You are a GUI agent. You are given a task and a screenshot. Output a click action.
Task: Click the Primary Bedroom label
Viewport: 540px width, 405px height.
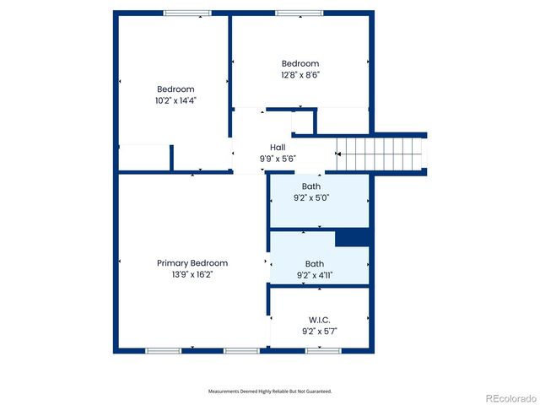pos(192,263)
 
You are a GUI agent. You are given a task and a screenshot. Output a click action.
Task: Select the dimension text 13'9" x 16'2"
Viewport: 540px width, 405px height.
pos(192,274)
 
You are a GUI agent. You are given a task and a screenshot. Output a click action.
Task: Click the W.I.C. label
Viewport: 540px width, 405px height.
pos(319,320)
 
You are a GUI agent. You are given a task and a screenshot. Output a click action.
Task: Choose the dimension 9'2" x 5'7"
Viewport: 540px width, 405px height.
pos(319,331)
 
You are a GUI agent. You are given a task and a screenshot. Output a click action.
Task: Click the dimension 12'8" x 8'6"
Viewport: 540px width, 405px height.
pos(300,74)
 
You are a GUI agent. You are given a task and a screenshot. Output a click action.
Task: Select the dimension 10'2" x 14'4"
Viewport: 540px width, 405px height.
pos(175,100)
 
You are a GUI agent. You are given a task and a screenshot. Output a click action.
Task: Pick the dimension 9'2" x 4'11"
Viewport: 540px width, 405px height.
pos(315,274)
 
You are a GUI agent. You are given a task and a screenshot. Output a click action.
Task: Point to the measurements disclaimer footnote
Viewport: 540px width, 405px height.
pos(270,391)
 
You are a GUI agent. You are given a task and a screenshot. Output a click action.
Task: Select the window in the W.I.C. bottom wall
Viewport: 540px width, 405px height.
pos(317,349)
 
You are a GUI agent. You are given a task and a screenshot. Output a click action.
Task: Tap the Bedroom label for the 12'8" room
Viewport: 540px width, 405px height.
pos(300,63)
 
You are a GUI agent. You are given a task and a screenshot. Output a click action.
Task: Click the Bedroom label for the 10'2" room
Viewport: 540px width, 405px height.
pos(175,89)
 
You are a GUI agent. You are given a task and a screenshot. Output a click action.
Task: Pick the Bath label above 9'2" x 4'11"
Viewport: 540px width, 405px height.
pos(315,263)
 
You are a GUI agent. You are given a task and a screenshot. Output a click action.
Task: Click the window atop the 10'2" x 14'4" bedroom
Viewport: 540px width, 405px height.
pos(187,13)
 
